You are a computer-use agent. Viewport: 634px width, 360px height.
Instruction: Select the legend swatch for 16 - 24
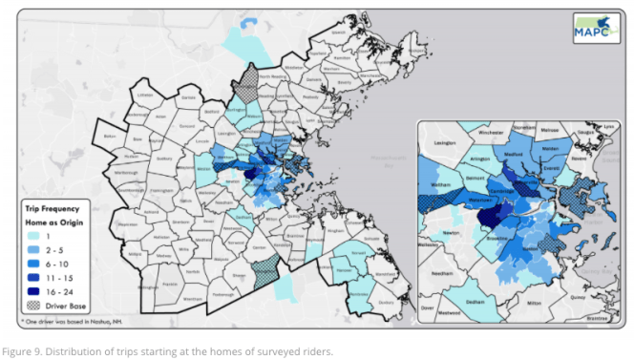[37, 285]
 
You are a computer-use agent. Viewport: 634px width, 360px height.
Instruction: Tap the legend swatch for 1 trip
[37, 236]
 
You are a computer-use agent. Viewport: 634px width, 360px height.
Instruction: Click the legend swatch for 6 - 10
[37, 261]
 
